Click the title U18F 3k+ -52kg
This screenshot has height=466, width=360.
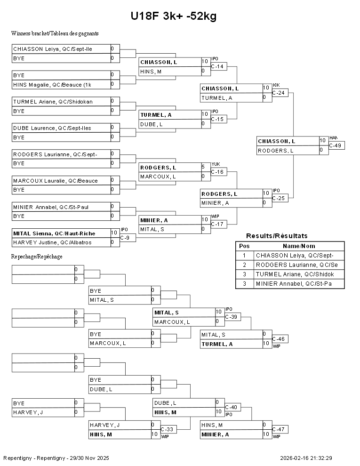pos(173,16)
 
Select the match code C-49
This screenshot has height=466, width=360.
pos(336,145)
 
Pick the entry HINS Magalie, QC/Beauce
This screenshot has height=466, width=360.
pos(52,84)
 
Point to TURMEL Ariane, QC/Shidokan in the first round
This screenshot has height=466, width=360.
pos(53,102)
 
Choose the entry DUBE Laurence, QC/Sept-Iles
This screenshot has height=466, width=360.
pos(52,128)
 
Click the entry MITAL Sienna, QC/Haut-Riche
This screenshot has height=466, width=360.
pos(54,233)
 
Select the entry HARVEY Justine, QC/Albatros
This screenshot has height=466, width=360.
pos(52,242)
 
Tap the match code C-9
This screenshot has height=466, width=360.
pos(125,238)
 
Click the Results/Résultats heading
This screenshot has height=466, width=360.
pos(277,236)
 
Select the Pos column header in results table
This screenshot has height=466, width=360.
pos(244,246)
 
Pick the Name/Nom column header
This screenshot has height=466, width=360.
pos(299,246)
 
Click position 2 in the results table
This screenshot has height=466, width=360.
pos(244,265)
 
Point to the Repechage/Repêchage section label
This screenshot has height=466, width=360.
pos(37,257)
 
